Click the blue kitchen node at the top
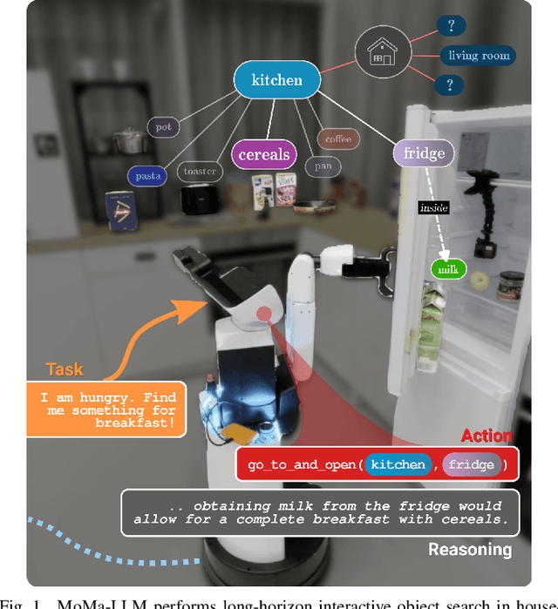[276, 81]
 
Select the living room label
[477, 56]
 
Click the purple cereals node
[264, 155]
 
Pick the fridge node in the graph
[424, 154]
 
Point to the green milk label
[449, 270]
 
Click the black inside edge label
[433, 207]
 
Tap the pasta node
[149, 176]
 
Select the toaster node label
[200, 172]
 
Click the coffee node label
[337, 139]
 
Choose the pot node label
[164, 127]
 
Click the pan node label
[322, 166]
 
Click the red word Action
[487, 436]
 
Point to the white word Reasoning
[470, 550]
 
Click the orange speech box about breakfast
[107, 409]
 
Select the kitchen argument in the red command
[398, 464]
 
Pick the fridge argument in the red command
[471, 464]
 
